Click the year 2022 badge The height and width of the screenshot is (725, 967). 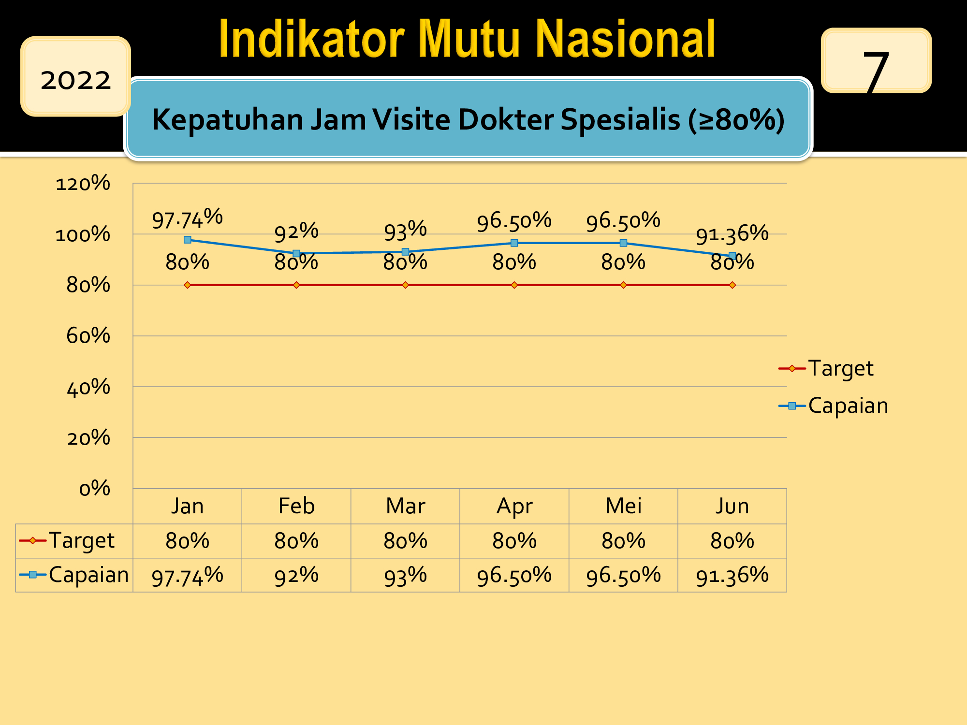(x=75, y=76)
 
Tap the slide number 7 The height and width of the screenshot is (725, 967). (x=876, y=71)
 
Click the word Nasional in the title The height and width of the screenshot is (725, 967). (x=626, y=39)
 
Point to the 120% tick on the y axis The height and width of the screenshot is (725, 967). (x=83, y=183)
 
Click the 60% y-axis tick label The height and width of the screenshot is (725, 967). (x=88, y=335)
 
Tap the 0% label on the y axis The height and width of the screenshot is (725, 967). (x=95, y=488)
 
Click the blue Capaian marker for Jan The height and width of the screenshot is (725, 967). (x=188, y=240)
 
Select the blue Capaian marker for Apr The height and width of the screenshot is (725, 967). (x=514, y=243)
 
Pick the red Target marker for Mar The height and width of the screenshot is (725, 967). (x=406, y=285)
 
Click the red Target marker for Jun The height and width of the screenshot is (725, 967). (x=733, y=285)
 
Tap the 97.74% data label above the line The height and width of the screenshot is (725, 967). (x=188, y=218)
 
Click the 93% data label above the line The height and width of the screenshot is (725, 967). (x=406, y=231)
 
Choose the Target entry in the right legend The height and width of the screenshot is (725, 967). (x=826, y=368)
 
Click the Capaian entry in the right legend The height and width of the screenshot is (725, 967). (x=834, y=406)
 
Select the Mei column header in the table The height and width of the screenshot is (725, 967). (x=624, y=506)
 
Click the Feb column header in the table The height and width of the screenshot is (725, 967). (x=296, y=506)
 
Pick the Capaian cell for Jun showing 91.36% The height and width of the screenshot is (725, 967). (x=733, y=576)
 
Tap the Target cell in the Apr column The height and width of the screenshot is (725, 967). (x=514, y=541)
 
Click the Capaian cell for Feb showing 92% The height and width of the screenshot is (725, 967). (x=296, y=576)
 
